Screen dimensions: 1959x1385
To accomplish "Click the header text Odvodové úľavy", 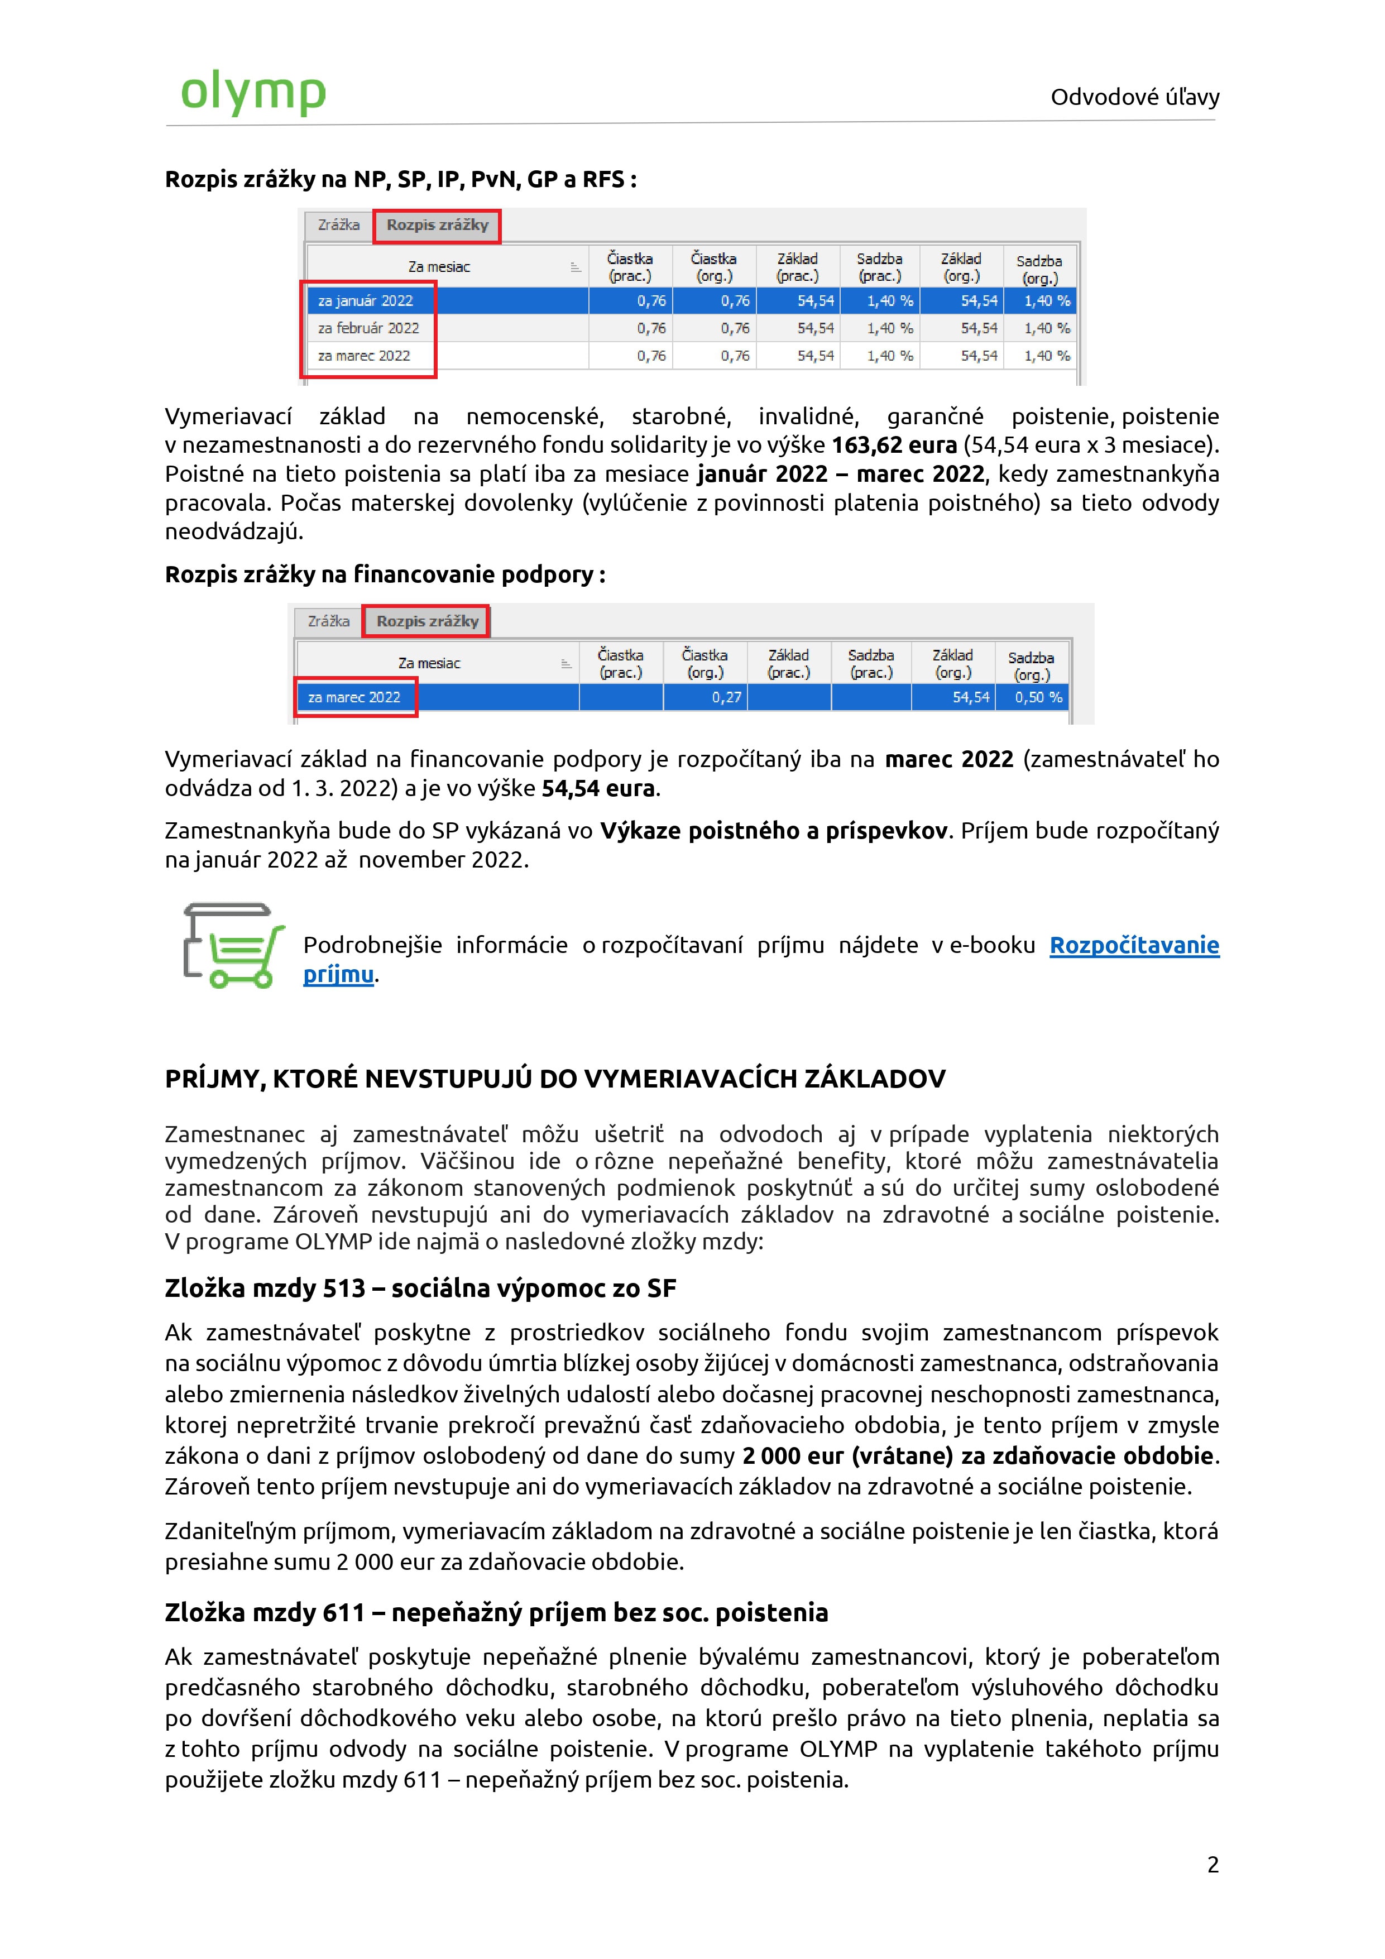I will click(1134, 97).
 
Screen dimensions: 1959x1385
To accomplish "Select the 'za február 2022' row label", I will click(368, 328).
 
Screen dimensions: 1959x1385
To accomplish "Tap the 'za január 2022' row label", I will click(365, 301).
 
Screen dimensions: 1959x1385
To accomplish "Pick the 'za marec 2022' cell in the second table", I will click(354, 698).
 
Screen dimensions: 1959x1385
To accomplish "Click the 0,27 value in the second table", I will click(726, 698).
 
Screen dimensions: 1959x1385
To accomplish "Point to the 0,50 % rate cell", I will click(1038, 698).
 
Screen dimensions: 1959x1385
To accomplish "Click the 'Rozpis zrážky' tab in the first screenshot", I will click(437, 225).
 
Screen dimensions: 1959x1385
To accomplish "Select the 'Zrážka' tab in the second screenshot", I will click(329, 621).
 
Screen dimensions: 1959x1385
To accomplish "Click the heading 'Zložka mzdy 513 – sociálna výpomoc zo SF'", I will click(420, 1289).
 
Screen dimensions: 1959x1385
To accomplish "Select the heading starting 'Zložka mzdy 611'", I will click(496, 1613).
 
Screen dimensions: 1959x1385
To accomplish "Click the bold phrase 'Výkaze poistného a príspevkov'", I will click(773, 831).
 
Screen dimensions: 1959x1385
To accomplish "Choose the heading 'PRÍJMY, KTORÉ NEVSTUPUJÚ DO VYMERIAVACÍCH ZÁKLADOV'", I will click(555, 1079).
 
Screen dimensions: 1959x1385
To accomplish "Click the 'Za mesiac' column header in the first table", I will click(439, 267).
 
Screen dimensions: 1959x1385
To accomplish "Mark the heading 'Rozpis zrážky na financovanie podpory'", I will click(384, 575).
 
